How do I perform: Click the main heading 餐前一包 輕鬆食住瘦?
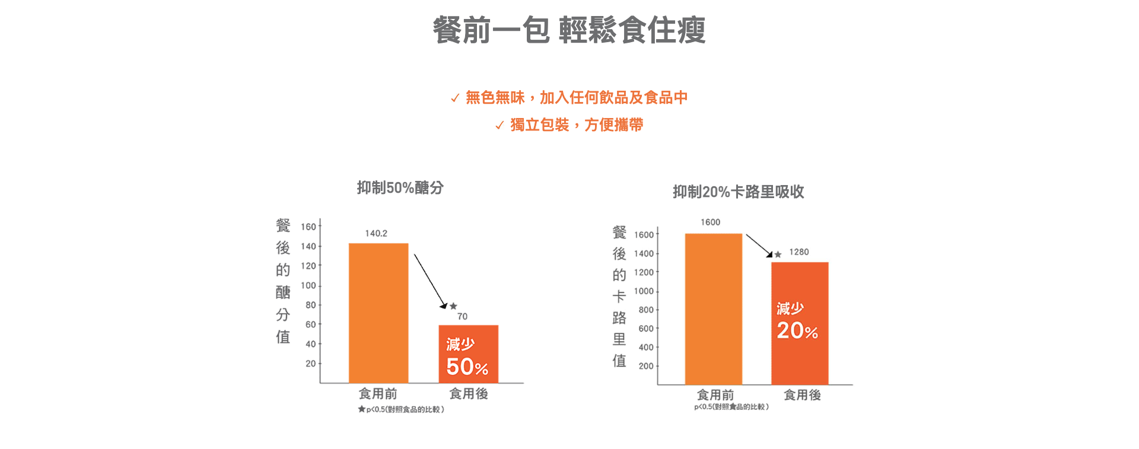[569, 30]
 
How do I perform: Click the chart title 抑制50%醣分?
[400, 188]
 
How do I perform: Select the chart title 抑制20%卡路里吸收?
[738, 192]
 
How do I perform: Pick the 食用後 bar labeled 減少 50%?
[468, 354]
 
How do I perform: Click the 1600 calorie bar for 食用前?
[713, 308]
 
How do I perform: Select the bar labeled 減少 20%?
[800, 323]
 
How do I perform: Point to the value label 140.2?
[376, 234]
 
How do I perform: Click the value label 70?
[462, 317]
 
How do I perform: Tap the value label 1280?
[798, 252]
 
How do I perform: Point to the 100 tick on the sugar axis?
[308, 286]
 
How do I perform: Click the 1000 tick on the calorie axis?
[644, 291]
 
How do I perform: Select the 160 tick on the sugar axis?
[308, 227]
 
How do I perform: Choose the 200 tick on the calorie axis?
[646, 367]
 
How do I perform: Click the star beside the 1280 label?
[778, 254]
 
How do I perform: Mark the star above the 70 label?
[453, 306]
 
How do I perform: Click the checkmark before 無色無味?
[455, 98]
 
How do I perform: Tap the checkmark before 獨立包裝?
[499, 126]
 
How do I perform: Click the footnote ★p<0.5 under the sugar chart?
[401, 409]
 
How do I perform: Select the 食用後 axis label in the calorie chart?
[802, 395]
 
